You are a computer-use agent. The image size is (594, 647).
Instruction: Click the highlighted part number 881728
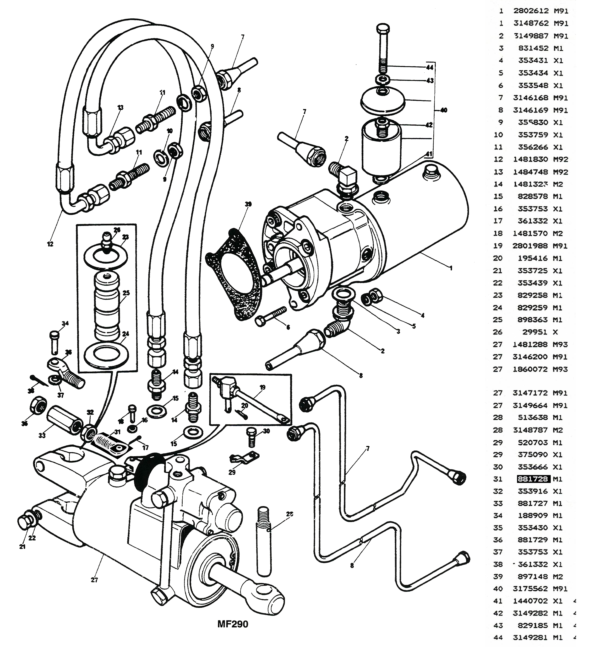533,479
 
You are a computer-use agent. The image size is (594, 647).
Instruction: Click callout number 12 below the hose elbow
50,244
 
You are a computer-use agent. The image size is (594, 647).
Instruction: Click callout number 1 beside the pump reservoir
451,268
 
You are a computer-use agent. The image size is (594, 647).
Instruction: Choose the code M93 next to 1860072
560,369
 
